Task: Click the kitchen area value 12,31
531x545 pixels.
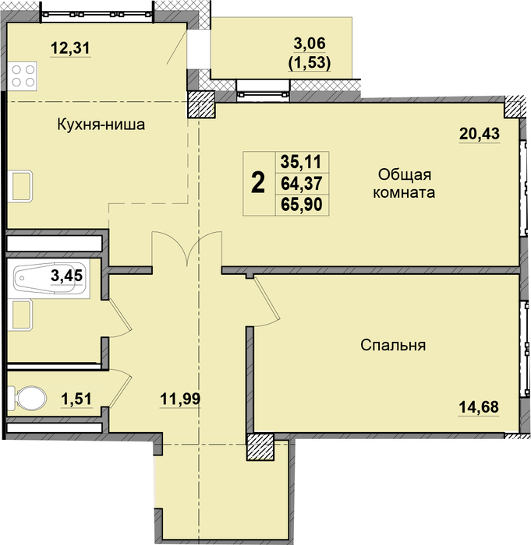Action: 70,48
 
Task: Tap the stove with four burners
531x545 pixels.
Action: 23,76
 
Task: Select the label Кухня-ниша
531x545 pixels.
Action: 101,125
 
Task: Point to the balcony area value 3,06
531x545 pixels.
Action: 310,44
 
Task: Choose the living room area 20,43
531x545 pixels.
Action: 480,133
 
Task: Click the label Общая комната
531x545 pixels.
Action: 404,183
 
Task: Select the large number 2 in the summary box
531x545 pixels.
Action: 258,183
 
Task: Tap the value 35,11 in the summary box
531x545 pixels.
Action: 302,162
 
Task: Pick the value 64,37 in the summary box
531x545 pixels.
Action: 302,183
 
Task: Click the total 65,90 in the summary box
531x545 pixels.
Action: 302,204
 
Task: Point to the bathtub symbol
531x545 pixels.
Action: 49,278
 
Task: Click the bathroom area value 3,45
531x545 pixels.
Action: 66,276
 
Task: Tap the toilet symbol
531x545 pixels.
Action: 27,398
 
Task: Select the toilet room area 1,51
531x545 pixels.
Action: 76,399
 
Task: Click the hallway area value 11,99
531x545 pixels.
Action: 180,399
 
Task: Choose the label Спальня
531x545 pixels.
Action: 393,346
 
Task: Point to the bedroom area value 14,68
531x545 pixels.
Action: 479,407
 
